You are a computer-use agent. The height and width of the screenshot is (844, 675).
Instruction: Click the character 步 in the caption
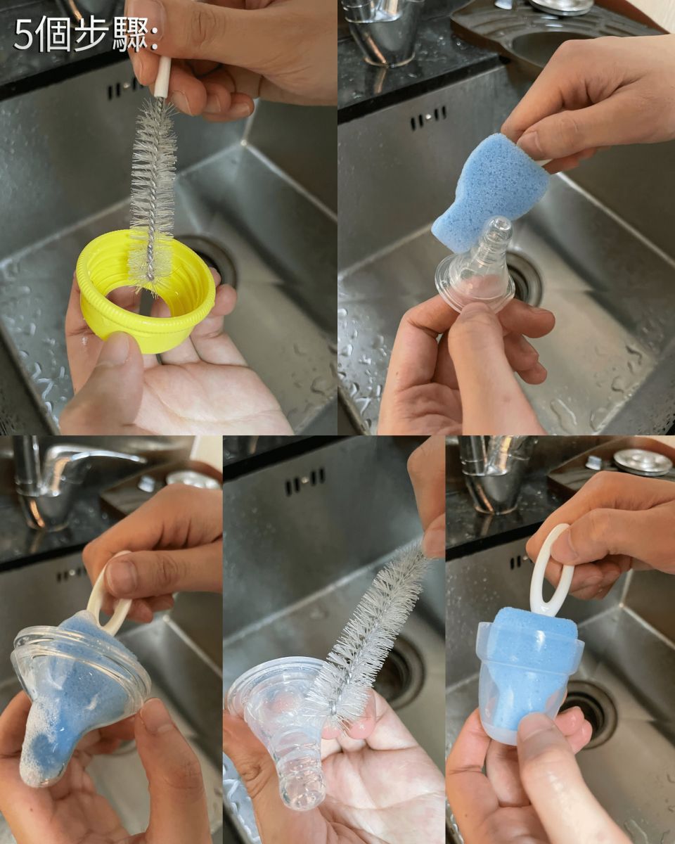91,34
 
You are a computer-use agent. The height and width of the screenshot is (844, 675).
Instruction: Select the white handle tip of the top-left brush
162,77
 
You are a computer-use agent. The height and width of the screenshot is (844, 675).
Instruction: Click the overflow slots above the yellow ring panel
123,89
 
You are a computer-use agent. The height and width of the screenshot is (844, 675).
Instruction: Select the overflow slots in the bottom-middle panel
305,480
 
